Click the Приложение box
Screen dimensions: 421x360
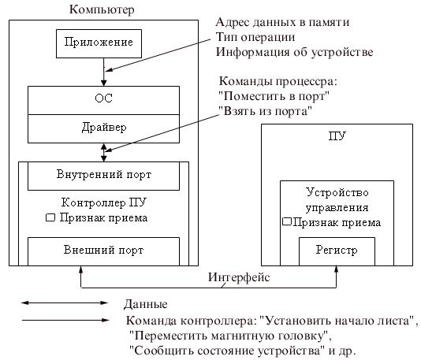(99, 43)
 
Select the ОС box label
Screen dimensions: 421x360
(103, 98)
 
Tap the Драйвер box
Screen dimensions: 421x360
(103, 128)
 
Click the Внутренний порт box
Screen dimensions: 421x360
(103, 176)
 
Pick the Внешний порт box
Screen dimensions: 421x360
(103, 251)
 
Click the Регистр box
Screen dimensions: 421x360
(337, 251)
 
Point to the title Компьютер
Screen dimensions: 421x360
(102, 9)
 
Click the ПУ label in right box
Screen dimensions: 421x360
(337, 135)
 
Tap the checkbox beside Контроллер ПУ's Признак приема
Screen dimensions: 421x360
(50, 217)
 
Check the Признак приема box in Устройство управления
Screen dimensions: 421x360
(287, 221)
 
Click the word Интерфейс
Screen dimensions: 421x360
(239, 277)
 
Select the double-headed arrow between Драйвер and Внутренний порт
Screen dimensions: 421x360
(104, 152)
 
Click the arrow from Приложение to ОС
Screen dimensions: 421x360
(104, 72)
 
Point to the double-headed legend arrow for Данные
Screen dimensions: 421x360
(65, 302)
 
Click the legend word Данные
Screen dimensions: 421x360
(146, 304)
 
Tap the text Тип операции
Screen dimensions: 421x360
(255, 37)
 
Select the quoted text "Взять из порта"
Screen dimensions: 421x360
(265, 111)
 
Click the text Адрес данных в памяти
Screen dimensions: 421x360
(282, 22)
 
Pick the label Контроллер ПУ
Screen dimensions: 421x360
(103, 202)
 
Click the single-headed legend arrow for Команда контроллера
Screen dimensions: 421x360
(65, 320)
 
